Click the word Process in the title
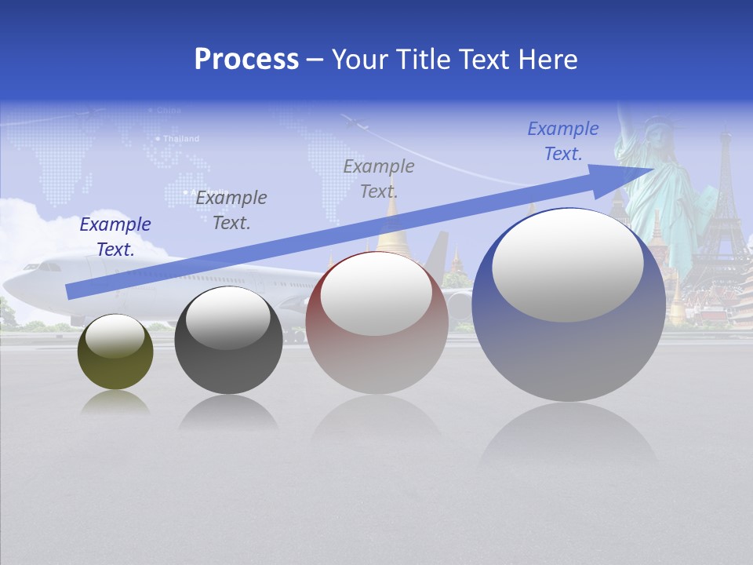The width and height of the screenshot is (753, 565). tap(246, 60)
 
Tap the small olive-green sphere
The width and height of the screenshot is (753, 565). tap(115, 352)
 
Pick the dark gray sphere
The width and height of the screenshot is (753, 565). tap(228, 341)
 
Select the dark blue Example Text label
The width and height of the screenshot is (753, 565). tap(115, 237)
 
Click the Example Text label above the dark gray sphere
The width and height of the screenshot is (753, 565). tap(231, 210)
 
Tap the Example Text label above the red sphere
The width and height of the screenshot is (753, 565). tap(379, 179)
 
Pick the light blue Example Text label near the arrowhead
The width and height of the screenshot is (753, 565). tap(563, 141)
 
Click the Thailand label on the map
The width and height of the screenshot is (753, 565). tap(181, 139)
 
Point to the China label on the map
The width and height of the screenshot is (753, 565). tap(169, 111)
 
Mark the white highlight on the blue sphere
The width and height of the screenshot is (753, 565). tap(567, 265)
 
